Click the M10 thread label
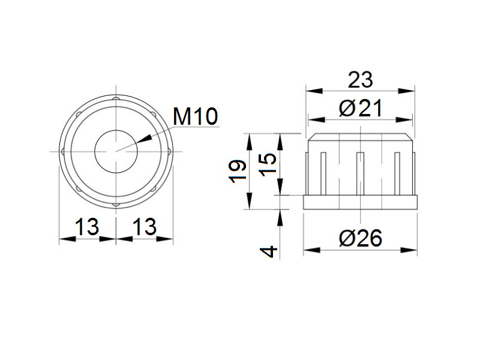coord(196,116)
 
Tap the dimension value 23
coord(361,80)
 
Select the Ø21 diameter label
coord(361,108)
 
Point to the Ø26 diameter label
coord(361,238)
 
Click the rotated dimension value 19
coord(238,171)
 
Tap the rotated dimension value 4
coord(268,252)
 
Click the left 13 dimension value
coord(87,227)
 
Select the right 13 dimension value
coord(145,227)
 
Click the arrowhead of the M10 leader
coord(143,139)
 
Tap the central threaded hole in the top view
coord(116,152)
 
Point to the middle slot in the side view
coord(361,173)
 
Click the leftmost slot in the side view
coord(323,173)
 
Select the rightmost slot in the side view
coord(397,173)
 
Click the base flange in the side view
coord(361,202)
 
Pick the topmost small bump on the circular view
coord(116,98)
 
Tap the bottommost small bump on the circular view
coord(116,205)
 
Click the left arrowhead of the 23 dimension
coord(314,91)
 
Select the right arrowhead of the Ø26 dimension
coord(409,250)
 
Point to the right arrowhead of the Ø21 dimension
coord(404,119)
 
